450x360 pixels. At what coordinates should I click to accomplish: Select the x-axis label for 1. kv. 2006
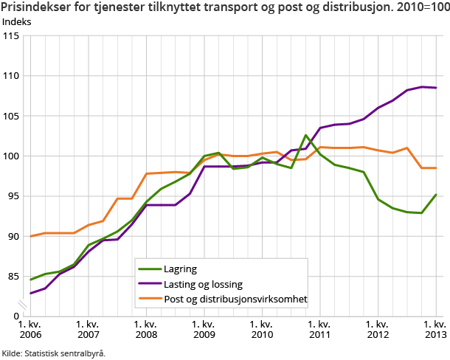tap(30, 329)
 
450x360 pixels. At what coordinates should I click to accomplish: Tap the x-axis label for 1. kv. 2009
tap(204, 329)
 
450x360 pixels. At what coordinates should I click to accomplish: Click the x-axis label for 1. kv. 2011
tap(320, 329)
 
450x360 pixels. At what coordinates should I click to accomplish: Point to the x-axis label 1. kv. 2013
tap(435, 329)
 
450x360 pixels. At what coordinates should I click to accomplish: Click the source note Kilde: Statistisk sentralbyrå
tap(54, 353)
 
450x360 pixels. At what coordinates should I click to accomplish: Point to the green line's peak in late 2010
tap(305, 135)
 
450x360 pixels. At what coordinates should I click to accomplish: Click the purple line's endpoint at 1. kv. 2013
tap(436, 88)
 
